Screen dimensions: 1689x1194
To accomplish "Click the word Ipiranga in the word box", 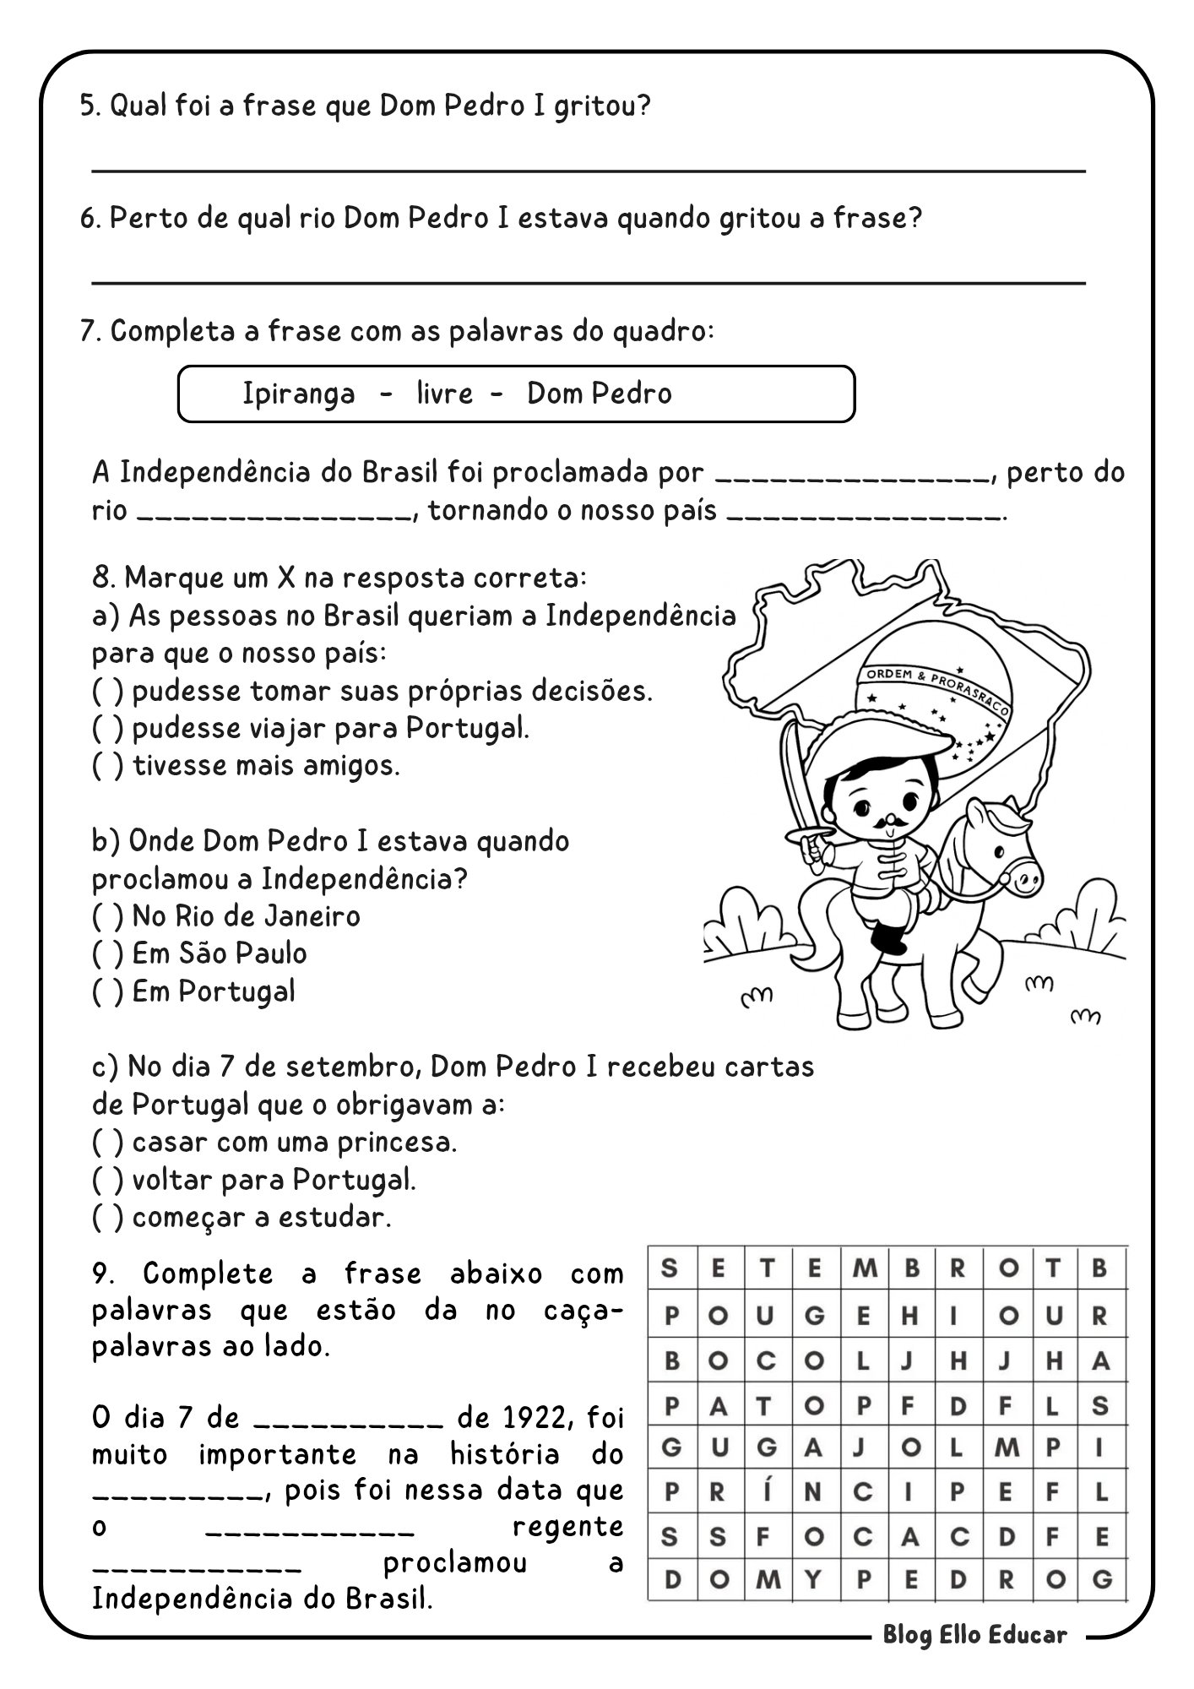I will point(298,394).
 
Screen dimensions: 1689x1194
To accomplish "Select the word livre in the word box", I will point(444,394).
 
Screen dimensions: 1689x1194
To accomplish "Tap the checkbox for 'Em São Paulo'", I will point(107,954).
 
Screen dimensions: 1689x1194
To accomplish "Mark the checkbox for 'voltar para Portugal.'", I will point(107,1181).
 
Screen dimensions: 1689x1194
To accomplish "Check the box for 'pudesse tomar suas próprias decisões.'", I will point(107,692).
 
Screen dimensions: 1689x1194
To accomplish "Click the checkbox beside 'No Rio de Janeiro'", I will point(107,917).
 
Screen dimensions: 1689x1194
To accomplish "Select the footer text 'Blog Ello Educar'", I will point(975,1635).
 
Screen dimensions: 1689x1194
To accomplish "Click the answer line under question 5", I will point(588,171).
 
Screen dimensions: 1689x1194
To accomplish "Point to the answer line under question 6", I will point(588,283).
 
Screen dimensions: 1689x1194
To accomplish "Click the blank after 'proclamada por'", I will point(852,478).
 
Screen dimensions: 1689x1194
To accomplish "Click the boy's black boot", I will point(888,938).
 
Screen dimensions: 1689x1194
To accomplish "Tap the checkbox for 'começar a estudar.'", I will point(107,1218).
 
